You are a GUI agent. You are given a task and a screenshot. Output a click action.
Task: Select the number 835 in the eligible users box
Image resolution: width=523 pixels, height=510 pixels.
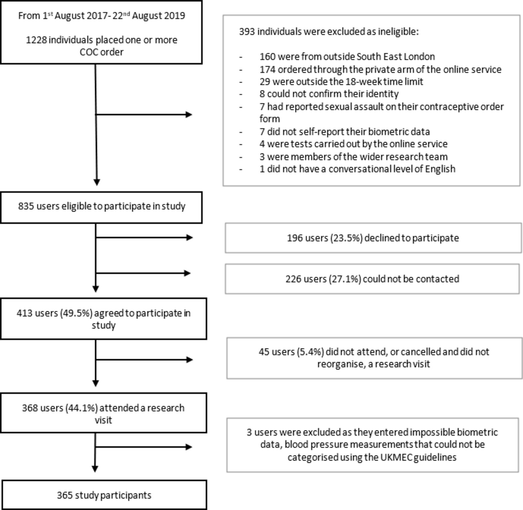coord(26,206)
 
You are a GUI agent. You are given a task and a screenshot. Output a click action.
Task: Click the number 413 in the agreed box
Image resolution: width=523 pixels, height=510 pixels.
coord(24,313)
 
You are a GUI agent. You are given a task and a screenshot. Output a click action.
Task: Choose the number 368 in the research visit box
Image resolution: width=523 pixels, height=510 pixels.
coord(30,408)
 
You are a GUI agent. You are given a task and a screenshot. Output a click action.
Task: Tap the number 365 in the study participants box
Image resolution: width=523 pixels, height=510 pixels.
coord(65,495)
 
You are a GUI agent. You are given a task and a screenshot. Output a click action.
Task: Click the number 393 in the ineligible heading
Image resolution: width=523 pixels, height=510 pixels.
coord(247,31)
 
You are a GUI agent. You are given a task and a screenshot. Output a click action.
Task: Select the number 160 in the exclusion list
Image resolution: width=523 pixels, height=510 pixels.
coord(268,56)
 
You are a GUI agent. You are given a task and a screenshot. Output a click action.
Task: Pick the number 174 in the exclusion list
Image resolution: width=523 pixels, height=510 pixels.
coord(268,69)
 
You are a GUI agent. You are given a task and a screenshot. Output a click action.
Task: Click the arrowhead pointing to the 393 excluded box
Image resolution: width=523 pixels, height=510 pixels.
coord(189,115)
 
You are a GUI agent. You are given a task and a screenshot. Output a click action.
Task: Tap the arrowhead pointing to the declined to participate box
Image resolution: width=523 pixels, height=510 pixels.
coord(189,238)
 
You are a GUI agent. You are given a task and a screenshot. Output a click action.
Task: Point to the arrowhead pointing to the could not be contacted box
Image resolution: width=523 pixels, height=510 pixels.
coord(187,273)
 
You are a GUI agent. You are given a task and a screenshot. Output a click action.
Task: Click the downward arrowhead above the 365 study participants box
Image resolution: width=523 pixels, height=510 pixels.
coord(95,468)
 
